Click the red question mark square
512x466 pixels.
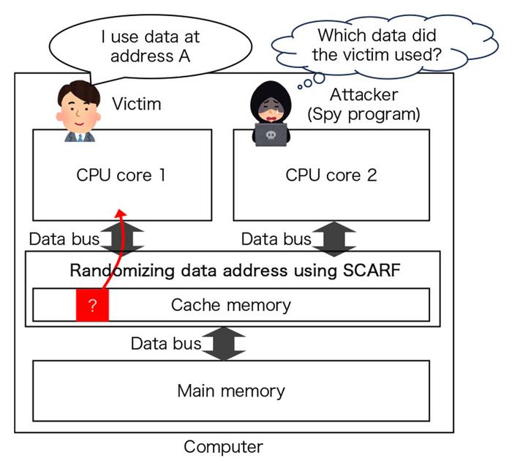92,305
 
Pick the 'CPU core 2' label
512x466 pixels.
331,176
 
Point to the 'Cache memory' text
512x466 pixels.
230,305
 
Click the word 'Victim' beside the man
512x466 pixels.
136,104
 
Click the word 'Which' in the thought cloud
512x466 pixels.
338,34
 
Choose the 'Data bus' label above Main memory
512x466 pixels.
165,343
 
